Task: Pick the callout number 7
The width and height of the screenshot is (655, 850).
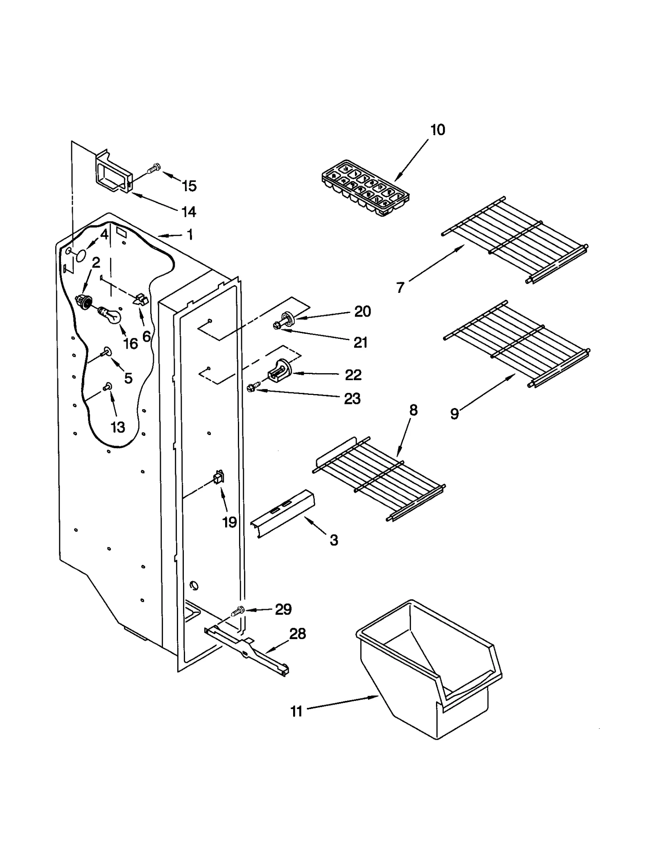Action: (400, 288)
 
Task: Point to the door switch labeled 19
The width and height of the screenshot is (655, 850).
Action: (219, 477)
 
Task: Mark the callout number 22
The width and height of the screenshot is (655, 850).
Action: (353, 375)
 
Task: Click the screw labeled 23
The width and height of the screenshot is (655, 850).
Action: (253, 387)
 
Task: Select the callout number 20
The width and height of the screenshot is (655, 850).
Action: (362, 311)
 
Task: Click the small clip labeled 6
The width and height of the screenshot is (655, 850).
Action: (140, 299)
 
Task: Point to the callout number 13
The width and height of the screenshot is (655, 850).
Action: (117, 427)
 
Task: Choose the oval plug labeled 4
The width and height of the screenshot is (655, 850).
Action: (81, 256)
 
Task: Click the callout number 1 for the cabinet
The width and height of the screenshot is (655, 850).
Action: (190, 235)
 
